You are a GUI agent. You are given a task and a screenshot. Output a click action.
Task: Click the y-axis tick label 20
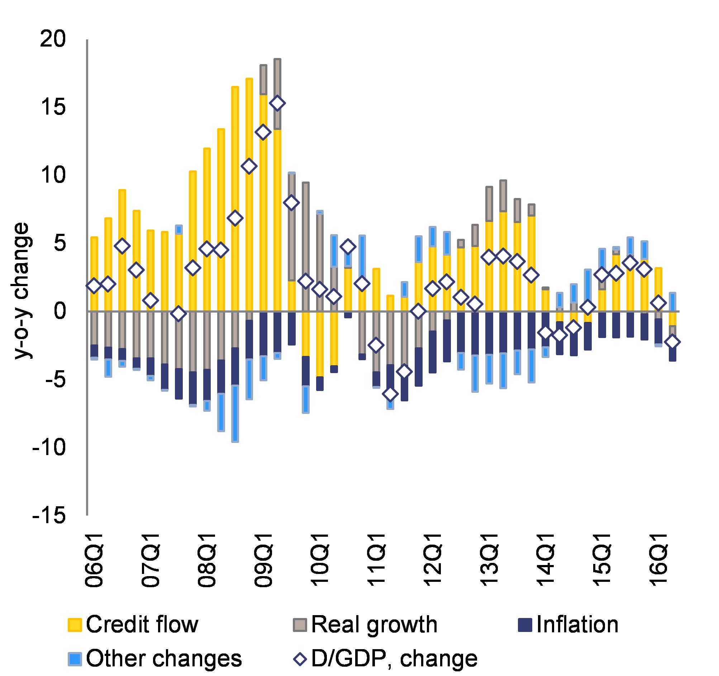53,39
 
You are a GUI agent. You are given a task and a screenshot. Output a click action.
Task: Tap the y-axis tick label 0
61,311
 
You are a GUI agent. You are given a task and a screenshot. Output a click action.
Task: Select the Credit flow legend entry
133,625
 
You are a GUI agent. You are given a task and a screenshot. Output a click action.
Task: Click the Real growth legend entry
365,625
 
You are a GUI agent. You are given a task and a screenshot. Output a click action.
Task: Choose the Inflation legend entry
568,625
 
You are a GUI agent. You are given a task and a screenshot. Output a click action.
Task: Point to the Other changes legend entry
155,658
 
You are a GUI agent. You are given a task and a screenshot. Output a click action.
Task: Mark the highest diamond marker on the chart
277,103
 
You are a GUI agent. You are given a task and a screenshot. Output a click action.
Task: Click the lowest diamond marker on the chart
390,394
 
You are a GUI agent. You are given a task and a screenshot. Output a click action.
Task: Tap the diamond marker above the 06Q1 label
94,286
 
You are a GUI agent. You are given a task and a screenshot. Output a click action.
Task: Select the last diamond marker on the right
672,342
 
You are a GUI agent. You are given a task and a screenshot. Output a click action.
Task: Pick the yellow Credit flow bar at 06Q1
94,274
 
